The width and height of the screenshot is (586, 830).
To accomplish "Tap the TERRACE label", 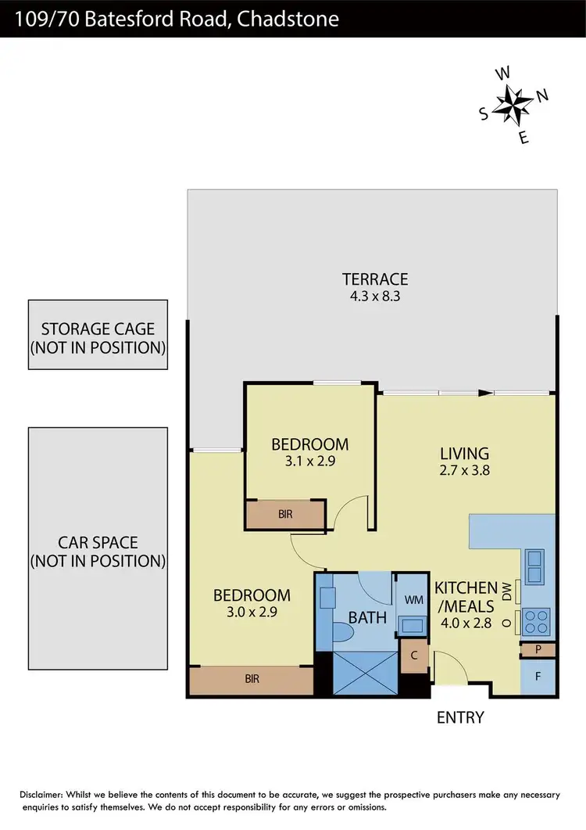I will [375, 279].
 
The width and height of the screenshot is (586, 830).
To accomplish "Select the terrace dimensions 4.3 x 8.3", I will [375, 296].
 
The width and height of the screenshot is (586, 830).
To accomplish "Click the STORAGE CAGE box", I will [98, 335].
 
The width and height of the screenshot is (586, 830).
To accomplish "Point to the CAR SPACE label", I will [98, 542].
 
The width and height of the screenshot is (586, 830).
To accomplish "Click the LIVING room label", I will [464, 454].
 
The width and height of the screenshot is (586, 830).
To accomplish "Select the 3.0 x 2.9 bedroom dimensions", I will [252, 612].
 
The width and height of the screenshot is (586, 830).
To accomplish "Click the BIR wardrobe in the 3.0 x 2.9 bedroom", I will [251, 679].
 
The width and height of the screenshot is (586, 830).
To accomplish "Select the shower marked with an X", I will [365, 672].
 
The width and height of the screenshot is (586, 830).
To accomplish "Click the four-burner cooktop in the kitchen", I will [537, 621].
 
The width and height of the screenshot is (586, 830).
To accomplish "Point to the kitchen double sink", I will [536, 566].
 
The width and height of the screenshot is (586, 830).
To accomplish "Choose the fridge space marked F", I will [538, 676].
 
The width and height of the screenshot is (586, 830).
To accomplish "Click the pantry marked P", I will [538, 649].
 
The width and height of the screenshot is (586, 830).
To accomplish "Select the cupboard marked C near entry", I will [414, 656].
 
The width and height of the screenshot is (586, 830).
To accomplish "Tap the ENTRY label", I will [460, 717].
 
